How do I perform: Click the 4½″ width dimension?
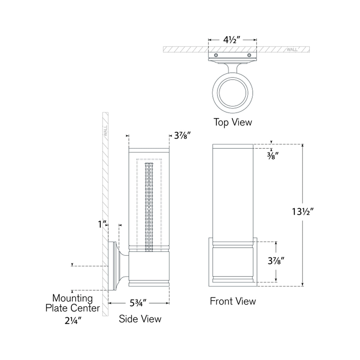point(232,40)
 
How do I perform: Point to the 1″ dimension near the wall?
point(102,224)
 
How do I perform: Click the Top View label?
point(232,122)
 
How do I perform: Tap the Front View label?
point(233,301)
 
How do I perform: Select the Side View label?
point(140,318)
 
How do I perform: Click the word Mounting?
point(72,298)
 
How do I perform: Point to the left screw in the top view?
point(215,55)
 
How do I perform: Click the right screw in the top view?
point(249,55)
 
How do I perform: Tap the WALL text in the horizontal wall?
point(292,49)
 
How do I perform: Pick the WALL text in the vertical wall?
point(105,131)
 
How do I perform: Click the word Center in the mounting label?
point(85,308)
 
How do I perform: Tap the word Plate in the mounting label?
point(58,308)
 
